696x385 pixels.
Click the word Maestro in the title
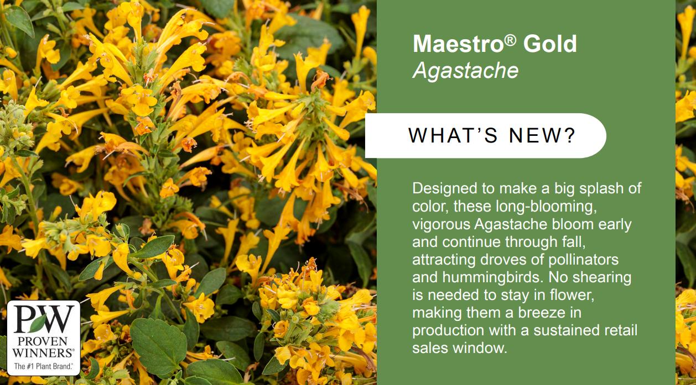(458, 44)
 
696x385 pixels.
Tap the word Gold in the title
(550, 44)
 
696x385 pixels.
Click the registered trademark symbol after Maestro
(510, 40)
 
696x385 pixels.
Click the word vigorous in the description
(441, 224)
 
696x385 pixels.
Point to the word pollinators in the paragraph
(583, 260)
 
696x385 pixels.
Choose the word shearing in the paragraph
(602, 277)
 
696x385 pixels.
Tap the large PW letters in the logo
(44, 319)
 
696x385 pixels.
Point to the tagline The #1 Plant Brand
(43, 366)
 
